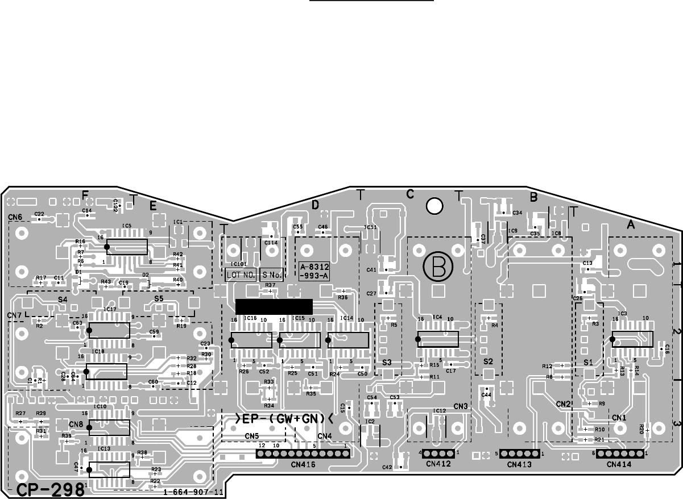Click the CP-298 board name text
point(50,490)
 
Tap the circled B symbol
point(438,265)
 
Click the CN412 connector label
point(438,464)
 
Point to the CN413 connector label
point(519,464)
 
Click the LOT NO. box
point(241,276)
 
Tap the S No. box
point(271,276)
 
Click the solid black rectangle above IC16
point(274,306)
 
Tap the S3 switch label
point(387,361)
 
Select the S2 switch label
point(488,361)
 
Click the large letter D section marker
point(314,206)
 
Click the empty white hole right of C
point(434,206)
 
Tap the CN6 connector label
point(15,217)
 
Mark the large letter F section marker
point(85,195)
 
